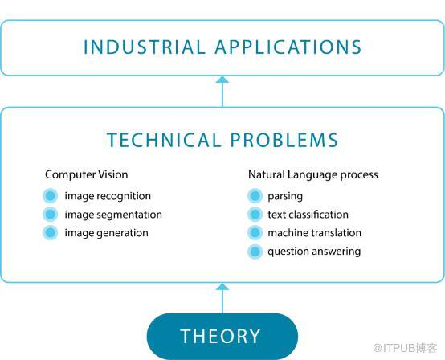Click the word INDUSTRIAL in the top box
145,47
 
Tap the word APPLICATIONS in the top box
288,47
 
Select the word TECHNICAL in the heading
164,140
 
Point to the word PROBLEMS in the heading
284,140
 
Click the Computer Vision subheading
87,174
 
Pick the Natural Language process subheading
313,174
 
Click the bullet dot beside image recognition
51,195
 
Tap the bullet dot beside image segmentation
51,214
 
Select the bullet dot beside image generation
51,232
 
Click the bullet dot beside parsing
255,195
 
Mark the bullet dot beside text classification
255,214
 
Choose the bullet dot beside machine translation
255,232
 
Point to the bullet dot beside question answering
255,252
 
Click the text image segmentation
113,215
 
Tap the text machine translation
314,233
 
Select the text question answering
314,252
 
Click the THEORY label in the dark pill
220,336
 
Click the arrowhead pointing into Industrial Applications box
222,80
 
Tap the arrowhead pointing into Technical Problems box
222,287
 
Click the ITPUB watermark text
405,348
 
